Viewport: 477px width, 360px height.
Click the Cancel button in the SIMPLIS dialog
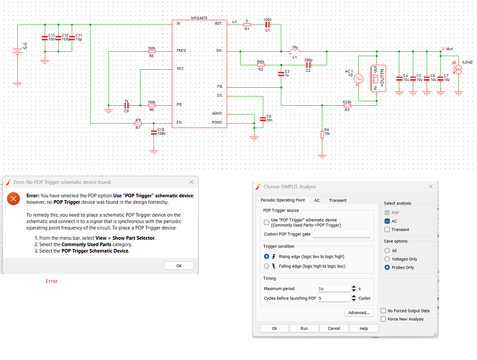click(x=333, y=328)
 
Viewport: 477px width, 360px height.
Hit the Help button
click(x=363, y=328)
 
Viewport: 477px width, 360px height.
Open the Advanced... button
click(x=357, y=312)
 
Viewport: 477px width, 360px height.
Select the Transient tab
click(x=337, y=201)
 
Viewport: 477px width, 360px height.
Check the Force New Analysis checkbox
click(x=383, y=319)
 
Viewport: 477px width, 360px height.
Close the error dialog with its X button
click(x=190, y=182)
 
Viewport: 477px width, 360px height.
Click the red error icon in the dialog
click(x=13, y=199)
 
